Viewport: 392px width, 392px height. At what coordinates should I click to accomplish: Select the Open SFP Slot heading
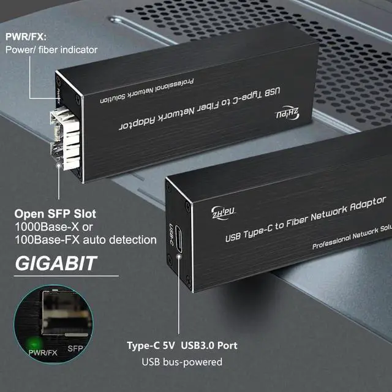(x=62, y=216)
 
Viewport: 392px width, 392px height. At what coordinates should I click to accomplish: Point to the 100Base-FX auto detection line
(x=85, y=239)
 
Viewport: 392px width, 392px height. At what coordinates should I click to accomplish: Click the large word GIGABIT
(x=56, y=263)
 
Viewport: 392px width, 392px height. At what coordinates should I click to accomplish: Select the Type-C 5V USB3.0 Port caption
(x=182, y=346)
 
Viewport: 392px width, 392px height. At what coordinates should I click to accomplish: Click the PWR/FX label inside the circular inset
(x=43, y=352)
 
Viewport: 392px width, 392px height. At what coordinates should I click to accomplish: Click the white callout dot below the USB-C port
(x=179, y=256)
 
